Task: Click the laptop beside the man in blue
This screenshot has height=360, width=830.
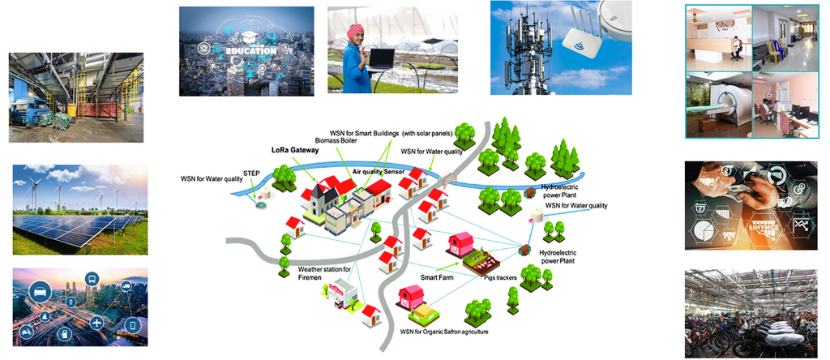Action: coord(382,58)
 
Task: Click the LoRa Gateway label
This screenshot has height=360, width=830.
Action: coord(294,150)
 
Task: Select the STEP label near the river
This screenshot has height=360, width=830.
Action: coord(251,173)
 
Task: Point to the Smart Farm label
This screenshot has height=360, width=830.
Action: coord(417,275)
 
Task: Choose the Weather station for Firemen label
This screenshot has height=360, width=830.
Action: coord(324,273)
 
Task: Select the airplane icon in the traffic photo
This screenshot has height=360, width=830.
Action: coord(96,323)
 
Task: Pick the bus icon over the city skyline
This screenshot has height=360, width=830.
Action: coord(91,278)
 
